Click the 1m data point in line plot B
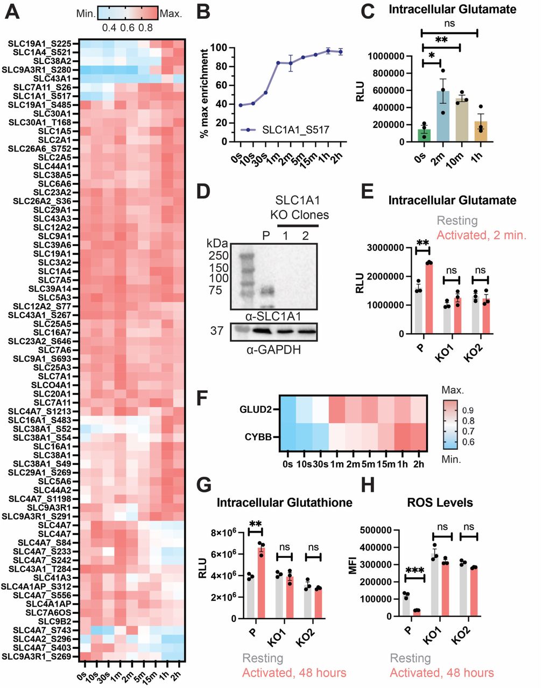pyautogui.click(x=278, y=63)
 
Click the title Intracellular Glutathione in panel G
pyautogui.click(x=284, y=503)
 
